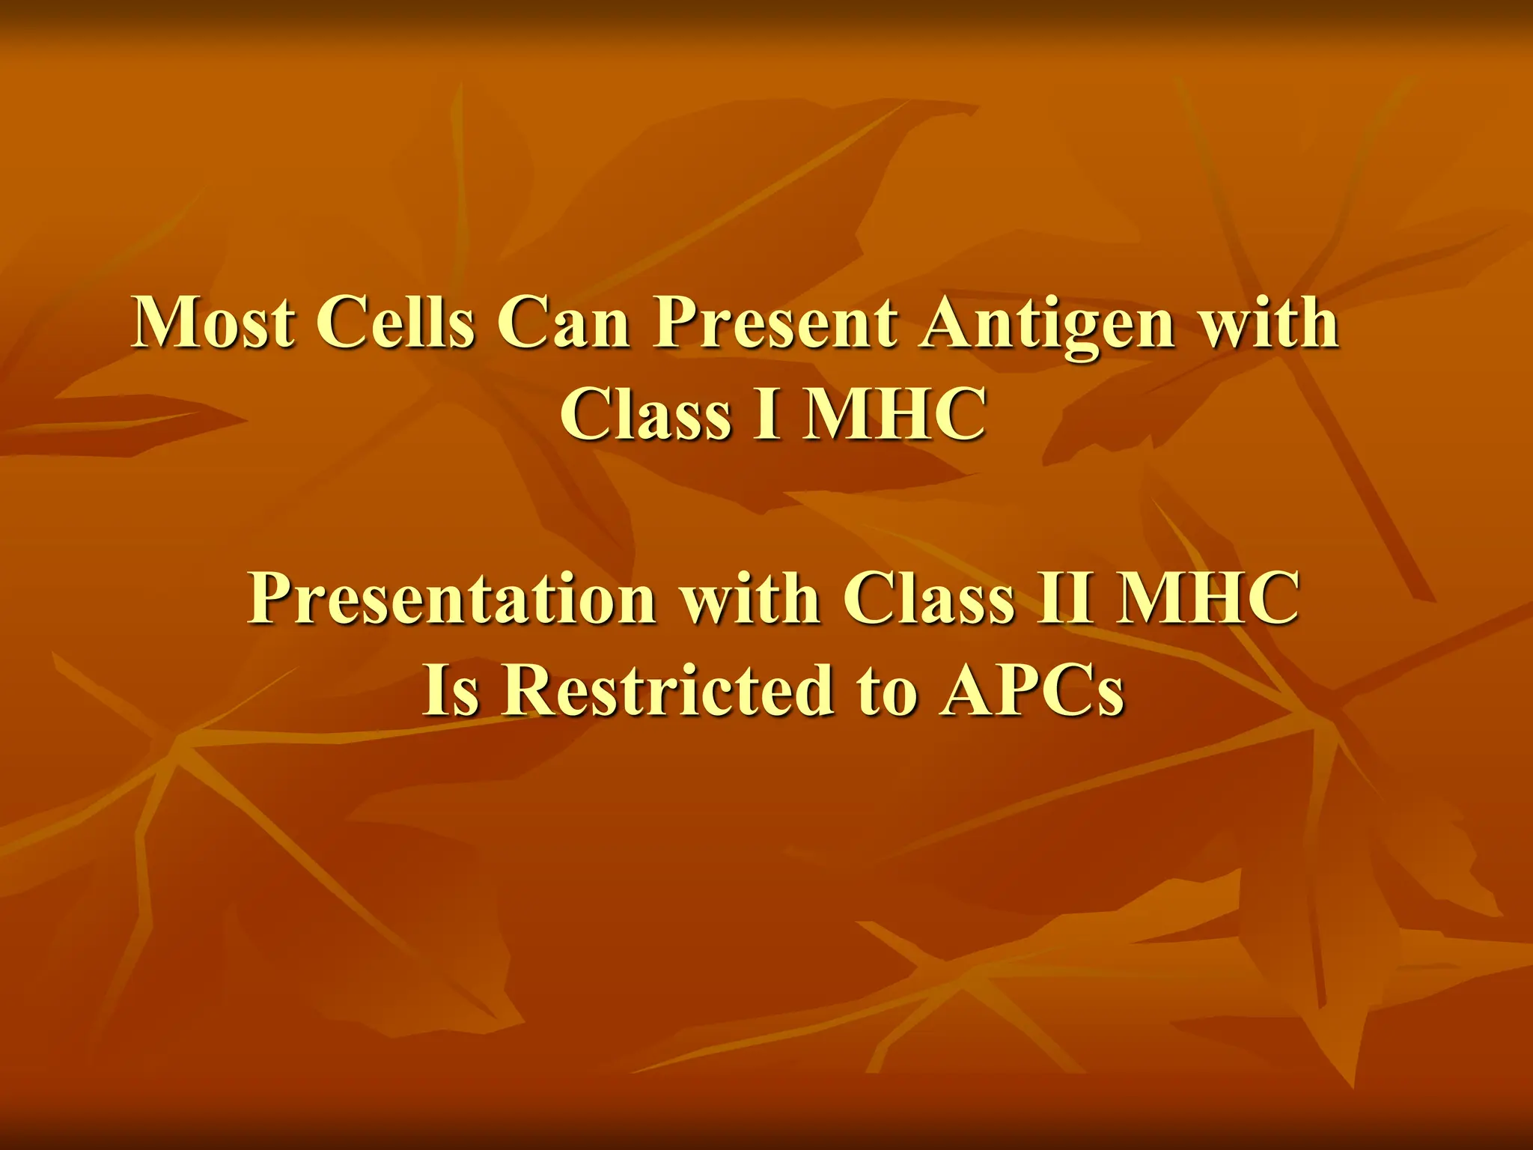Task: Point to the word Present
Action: (775, 323)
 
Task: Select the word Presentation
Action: (452, 599)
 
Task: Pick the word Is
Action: (451, 690)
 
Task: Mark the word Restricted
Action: (667, 690)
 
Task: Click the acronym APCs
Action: (1034, 690)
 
